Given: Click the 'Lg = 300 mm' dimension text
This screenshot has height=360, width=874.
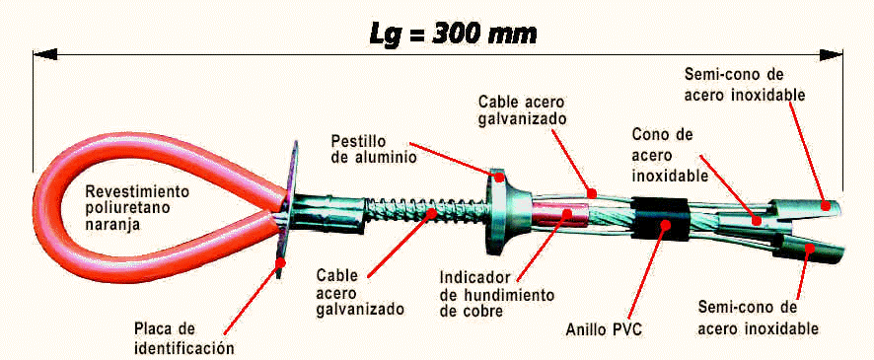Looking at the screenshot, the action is pos(453,35).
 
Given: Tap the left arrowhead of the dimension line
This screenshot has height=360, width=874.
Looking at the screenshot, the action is pos(44,54).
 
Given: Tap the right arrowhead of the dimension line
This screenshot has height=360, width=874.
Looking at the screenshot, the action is pos(832,54).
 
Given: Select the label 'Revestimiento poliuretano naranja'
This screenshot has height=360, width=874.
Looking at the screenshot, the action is pos(138,209).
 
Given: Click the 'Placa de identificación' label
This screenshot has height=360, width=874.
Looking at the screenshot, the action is pos(183,337).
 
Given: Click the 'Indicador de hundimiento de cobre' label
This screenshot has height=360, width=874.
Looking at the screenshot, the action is pos(496,294).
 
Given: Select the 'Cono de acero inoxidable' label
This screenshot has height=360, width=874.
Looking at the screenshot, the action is pos(671,155).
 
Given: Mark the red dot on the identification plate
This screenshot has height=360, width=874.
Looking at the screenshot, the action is pos(280,262).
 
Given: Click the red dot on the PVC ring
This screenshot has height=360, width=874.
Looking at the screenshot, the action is pos(665,225).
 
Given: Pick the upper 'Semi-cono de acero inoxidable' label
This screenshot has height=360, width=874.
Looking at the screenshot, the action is pos(745,84).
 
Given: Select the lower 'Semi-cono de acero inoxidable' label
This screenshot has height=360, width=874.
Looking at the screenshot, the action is pos(758,319).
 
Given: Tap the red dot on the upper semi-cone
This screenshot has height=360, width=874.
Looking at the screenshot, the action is pos(827,206).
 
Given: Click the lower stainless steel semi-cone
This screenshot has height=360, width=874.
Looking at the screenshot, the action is pos(809,250).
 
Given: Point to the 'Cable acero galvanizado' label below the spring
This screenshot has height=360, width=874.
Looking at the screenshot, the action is pos(360,293).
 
